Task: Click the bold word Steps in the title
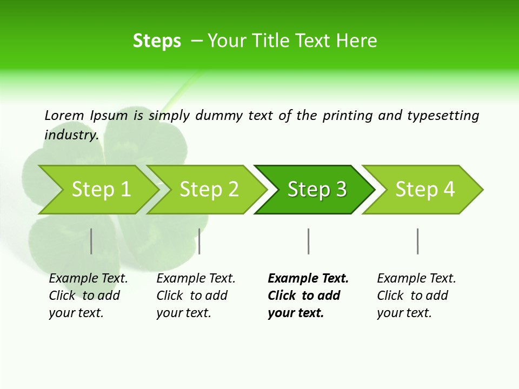[157, 41]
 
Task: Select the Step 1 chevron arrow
[97, 190]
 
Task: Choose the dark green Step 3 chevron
[316, 190]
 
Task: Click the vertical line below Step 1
[91, 241]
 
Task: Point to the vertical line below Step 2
[199, 241]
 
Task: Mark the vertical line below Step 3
[308, 241]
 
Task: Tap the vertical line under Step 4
[417, 241]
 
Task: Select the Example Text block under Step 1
[88, 296]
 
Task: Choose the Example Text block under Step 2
[195, 296]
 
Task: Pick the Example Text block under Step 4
[416, 296]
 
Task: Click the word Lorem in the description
[64, 115]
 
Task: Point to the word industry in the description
[71, 135]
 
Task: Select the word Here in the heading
[356, 41]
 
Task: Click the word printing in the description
[348, 116]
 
